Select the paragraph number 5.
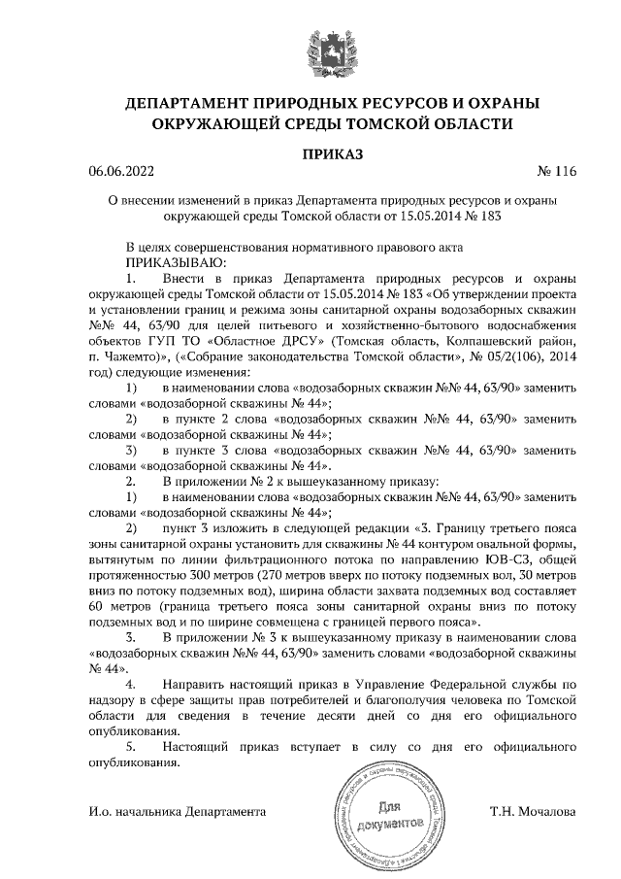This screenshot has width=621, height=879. point(131,747)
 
